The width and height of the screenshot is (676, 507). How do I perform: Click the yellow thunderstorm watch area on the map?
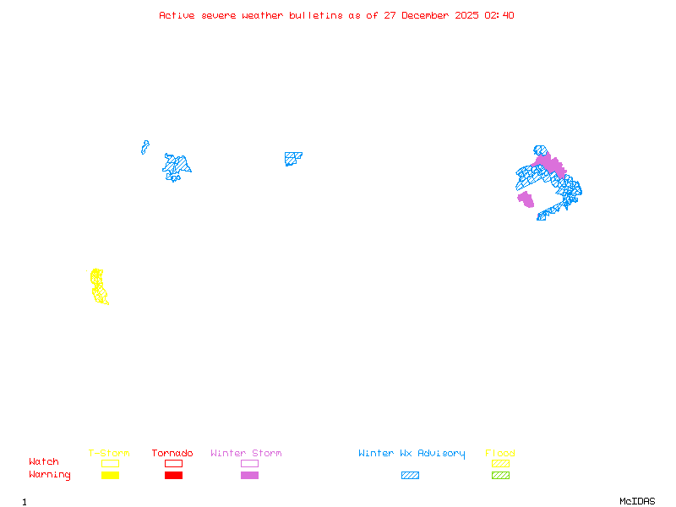coord(98,286)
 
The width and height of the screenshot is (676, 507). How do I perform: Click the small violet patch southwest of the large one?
coord(526,199)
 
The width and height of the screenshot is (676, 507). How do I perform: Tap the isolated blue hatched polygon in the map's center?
coord(292,158)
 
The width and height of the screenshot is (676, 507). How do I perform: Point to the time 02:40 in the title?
coord(501,15)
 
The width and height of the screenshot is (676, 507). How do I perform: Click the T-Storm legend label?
coord(109,453)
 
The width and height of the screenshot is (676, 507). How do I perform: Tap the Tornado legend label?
coord(172,453)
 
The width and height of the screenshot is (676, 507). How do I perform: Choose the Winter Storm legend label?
coord(246,453)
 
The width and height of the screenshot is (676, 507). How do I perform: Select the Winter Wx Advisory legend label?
coord(412,453)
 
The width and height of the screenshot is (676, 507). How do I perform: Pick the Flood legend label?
coord(500,453)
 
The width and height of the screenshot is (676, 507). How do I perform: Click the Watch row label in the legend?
coord(44,462)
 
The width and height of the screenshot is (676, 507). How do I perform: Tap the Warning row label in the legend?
coord(50,475)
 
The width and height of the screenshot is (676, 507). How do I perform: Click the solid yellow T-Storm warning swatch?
coord(110,475)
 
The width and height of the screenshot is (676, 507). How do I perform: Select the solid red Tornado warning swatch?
coord(173,475)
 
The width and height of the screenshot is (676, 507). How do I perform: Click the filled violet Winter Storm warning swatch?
coord(249,475)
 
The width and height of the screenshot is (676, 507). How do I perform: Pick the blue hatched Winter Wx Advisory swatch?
coord(410,475)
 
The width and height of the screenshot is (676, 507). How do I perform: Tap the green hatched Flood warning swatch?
coord(500,475)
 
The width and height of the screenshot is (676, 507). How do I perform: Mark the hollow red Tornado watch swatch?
coord(173,463)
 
